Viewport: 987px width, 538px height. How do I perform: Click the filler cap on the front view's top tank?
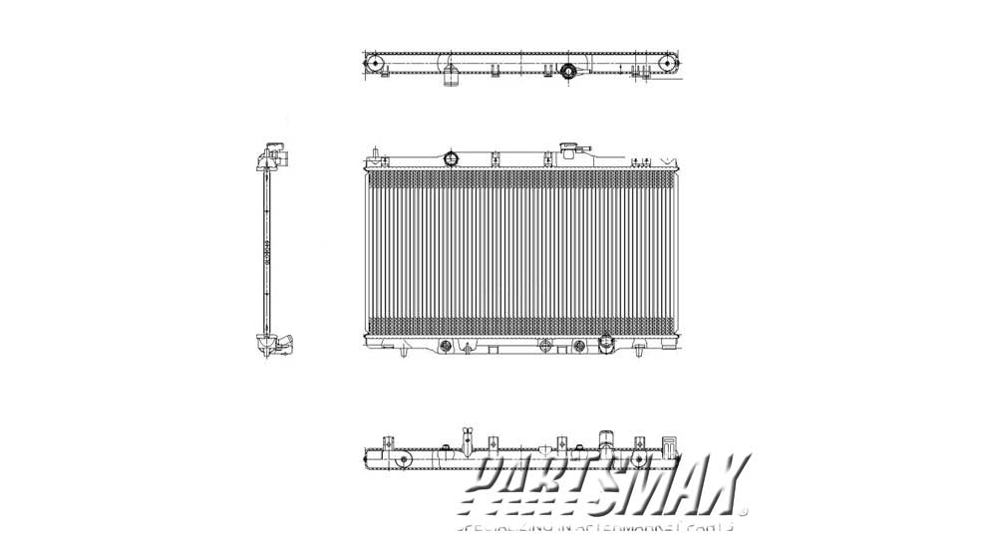(x=571, y=150)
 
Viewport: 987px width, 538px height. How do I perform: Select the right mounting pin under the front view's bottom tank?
(x=635, y=352)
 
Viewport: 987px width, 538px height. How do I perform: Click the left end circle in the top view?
(x=376, y=65)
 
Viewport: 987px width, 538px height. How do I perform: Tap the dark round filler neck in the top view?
(x=569, y=71)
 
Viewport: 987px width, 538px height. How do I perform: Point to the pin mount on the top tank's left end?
(x=373, y=154)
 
